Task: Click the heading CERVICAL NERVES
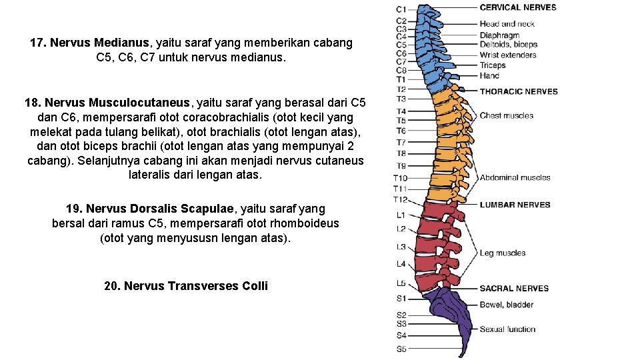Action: click(x=518, y=7)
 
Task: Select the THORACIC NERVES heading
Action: click(x=519, y=91)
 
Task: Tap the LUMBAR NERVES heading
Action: click(x=515, y=205)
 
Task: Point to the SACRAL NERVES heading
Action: click(x=514, y=289)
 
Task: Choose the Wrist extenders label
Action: click(x=508, y=55)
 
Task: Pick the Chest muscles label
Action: click(x=507, y=115)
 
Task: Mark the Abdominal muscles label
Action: click(x=515, y=177)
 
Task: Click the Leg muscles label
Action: click(x=502, y=253)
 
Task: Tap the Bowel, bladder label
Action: click(x=506, y=305)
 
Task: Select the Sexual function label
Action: click(x=507, y=329)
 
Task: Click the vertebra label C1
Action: click(x=401, y=9)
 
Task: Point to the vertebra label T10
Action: click(x=400, y=178)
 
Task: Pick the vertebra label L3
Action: click(x=401, y=247)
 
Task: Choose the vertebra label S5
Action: click(x=401, y=349)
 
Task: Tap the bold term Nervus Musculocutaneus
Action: click(x=117, y=103)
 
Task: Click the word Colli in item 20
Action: click(x=255, y=286)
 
